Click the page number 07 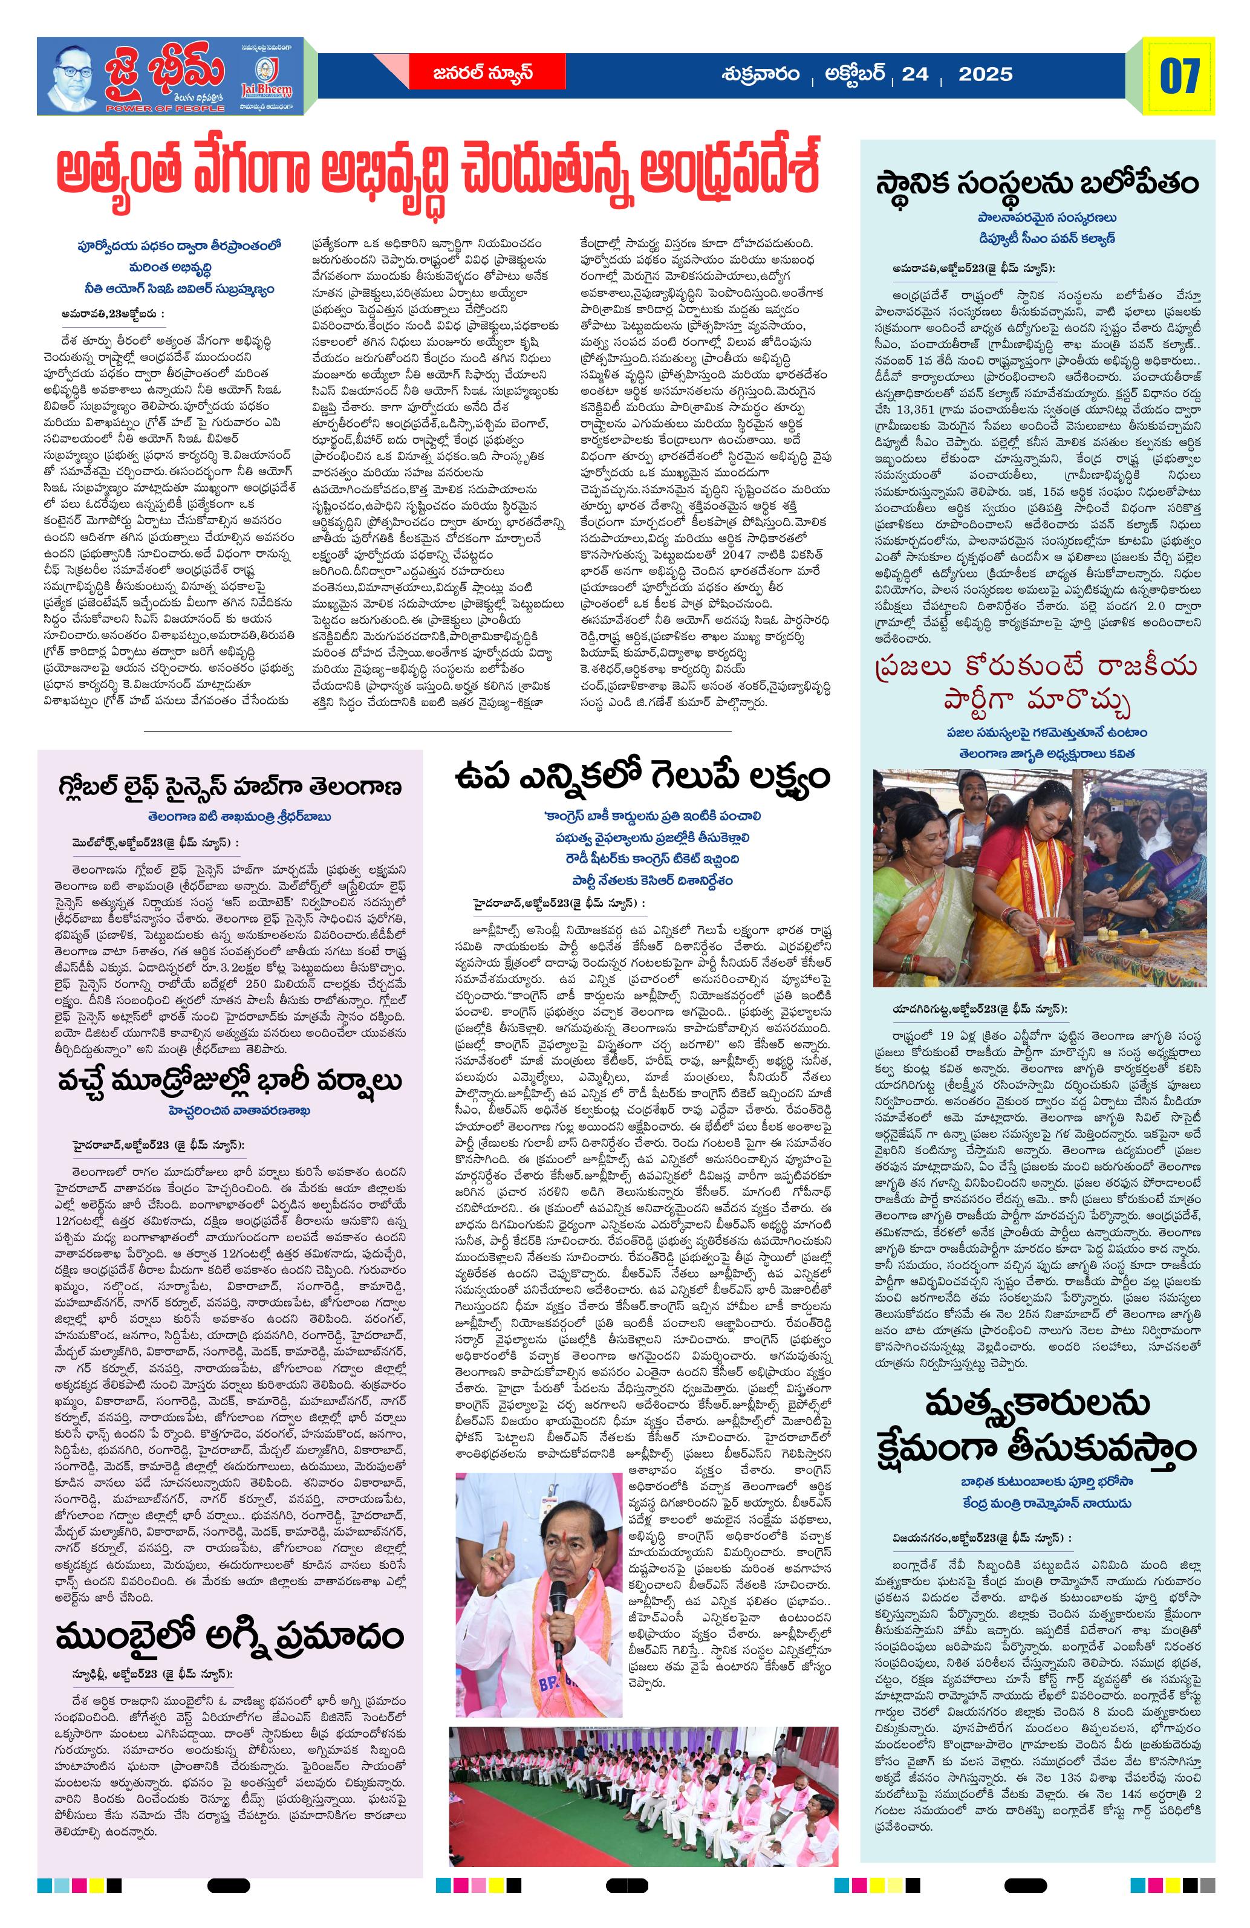1179,76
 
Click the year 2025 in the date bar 985,74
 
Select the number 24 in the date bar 916,74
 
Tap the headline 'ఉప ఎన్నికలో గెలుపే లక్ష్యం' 642,776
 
